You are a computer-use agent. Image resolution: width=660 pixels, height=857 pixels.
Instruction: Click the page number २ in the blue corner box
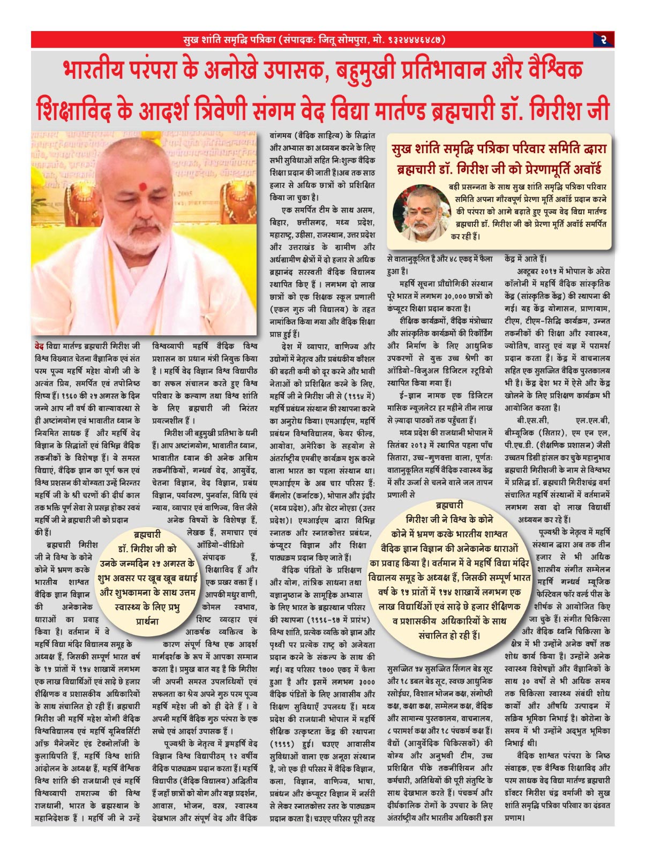[x=603, y=40]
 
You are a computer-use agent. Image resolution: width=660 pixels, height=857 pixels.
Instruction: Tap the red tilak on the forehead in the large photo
[x=142, y=186]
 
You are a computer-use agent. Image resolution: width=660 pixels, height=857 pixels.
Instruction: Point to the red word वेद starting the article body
[x=39, y=346]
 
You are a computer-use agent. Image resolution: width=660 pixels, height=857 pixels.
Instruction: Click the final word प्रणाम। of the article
[x=515, y=818]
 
